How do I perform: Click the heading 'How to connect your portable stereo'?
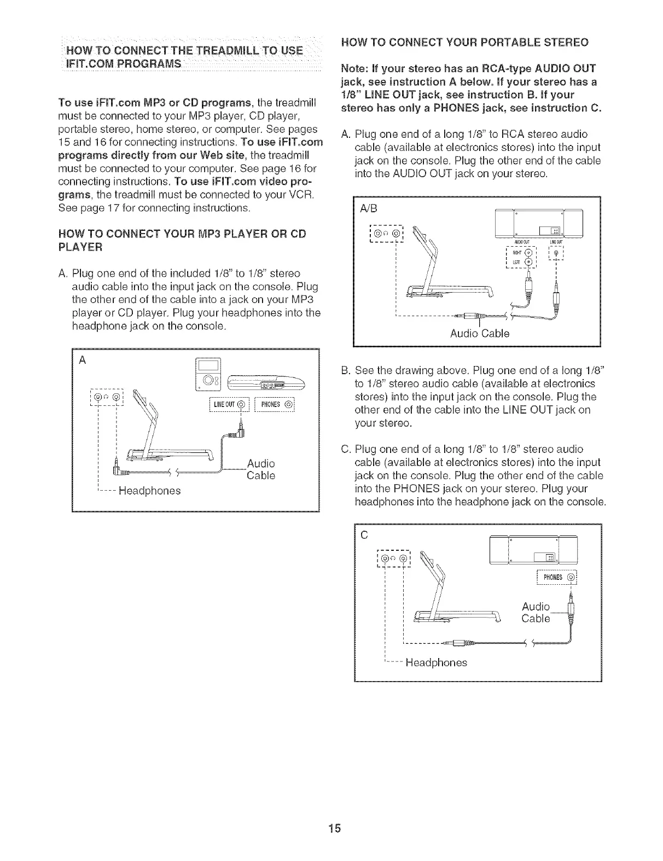tap(464, 43)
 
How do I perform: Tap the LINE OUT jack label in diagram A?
tap(229, 405)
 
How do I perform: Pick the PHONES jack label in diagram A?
tap(276, 405)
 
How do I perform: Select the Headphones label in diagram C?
tap(436, 662)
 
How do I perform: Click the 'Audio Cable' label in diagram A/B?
tap(479, 334)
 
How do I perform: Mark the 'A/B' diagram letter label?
tap(368, 209)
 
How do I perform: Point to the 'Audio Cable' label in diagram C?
tap(536, 613)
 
